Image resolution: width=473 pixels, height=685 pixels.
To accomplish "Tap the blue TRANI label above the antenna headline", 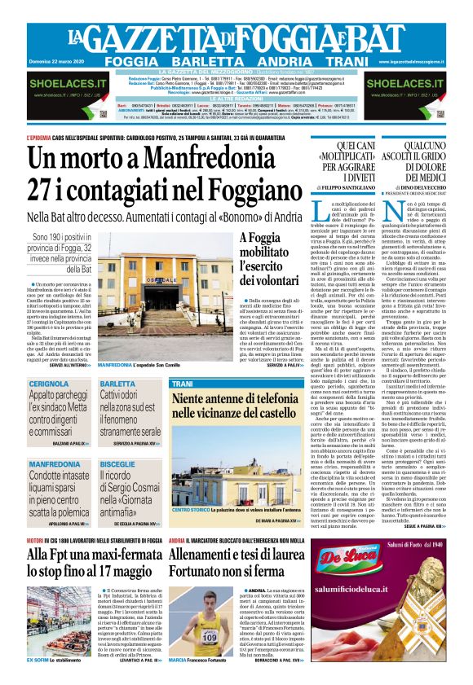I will (182, 383).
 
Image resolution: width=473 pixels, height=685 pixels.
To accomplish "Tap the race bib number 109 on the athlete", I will (210, 637).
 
